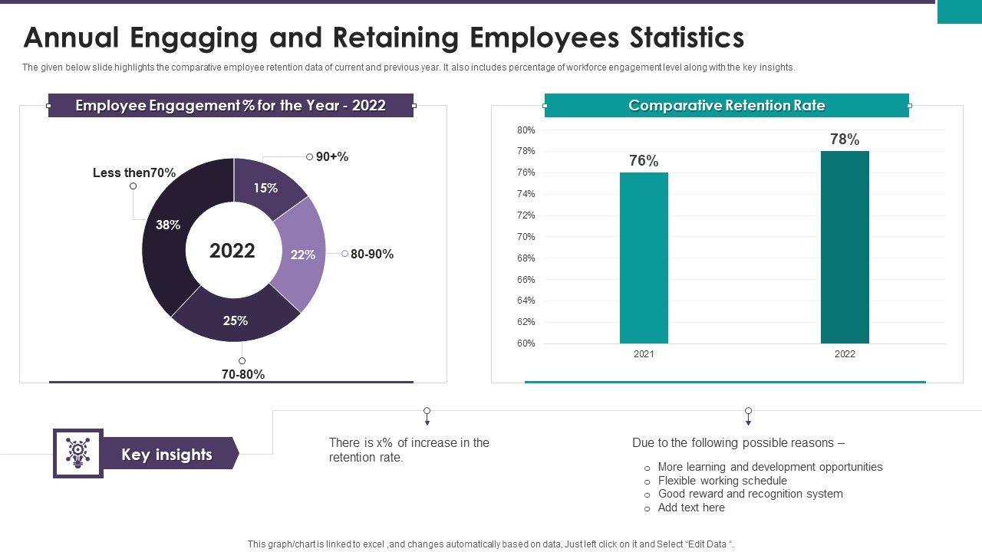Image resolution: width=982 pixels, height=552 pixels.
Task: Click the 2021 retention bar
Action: [644, 258]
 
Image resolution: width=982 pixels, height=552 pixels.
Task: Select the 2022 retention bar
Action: [845, 247]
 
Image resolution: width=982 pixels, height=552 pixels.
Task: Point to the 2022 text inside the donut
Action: [232, 251]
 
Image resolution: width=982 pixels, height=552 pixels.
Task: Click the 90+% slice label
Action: [331, 156]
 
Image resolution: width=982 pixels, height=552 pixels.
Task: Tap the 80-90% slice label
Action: [371, 254]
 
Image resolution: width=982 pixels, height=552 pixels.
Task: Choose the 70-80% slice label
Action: [242, 374]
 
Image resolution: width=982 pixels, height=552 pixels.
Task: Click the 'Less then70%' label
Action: [134, 172]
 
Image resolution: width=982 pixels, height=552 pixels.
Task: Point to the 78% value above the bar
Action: [845, 139]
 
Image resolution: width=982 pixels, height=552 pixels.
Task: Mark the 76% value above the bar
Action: [644, 160]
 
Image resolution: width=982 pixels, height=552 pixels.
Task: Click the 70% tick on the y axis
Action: [526, 237]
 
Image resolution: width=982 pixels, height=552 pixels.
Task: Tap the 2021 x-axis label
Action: [644, 354]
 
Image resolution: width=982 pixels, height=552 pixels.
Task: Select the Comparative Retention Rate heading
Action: [727, 105]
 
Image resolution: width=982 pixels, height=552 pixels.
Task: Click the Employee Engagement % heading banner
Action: [230, 105]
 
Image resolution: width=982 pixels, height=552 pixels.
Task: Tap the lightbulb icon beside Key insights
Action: [77, 453]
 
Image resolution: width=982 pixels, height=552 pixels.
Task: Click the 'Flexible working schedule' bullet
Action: [722, 481]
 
